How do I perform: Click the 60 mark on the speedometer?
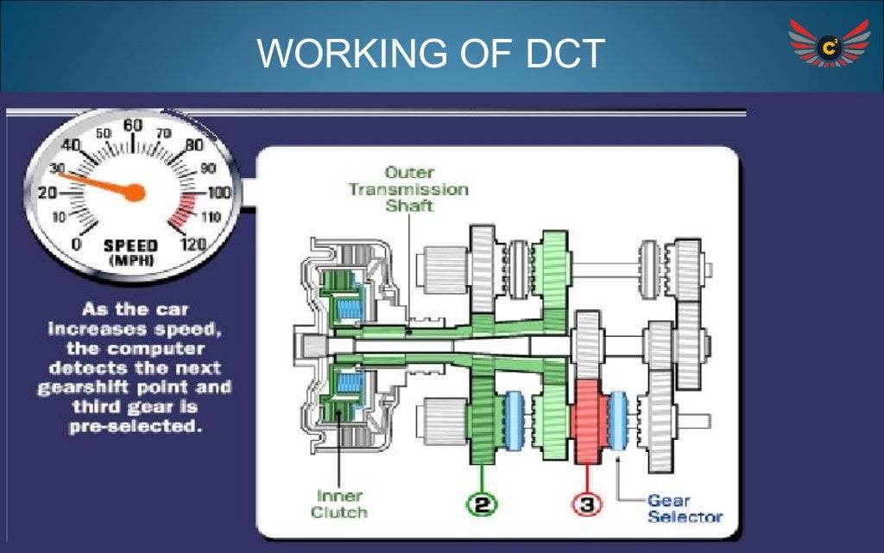point(132,126)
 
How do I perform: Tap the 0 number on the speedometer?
point(77,245)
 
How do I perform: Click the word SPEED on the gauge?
point(131,245)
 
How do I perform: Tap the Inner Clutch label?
point(339,504)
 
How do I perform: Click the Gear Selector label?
point(685,508)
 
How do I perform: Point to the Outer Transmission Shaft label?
point(408,188)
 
